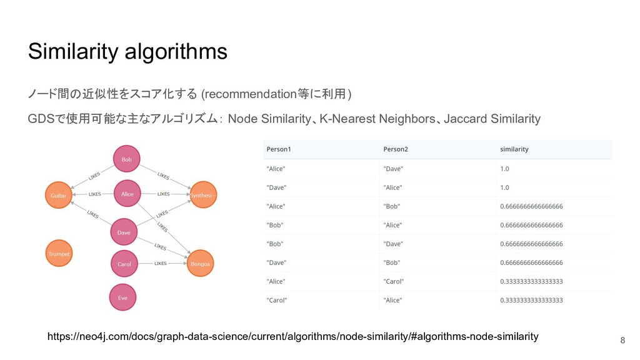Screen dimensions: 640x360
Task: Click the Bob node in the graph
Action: tap(126, 159)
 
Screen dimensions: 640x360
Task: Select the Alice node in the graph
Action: tap(127, 194)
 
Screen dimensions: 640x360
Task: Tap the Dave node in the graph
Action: tap(124, 232)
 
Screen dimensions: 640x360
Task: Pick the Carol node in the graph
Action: tap(124, 264)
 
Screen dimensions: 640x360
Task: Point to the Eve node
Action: tap(122, 297)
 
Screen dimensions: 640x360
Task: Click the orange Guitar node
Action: tap(58, 195)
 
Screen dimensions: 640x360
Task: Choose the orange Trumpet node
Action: tap(59, 254)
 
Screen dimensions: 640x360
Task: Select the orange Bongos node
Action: tap(201, 264)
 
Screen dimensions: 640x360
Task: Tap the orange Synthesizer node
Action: tap(203, 195)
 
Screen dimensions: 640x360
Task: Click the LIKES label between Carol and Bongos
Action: tap(161, 264)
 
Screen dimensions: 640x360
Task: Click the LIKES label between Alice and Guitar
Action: tap(95, 194)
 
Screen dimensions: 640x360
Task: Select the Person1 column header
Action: tap(279, 149)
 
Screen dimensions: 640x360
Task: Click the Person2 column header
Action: tap(396, 149)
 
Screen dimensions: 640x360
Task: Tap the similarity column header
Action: tap(514, 149)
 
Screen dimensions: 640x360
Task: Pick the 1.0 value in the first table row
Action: tap(504, 169)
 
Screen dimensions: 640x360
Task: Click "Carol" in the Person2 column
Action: tap(394, 281)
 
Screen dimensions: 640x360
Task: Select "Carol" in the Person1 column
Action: tap(277, 300)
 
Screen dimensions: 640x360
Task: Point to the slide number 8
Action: tap(622, 341)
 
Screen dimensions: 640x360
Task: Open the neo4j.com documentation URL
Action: tap(292, 337)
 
